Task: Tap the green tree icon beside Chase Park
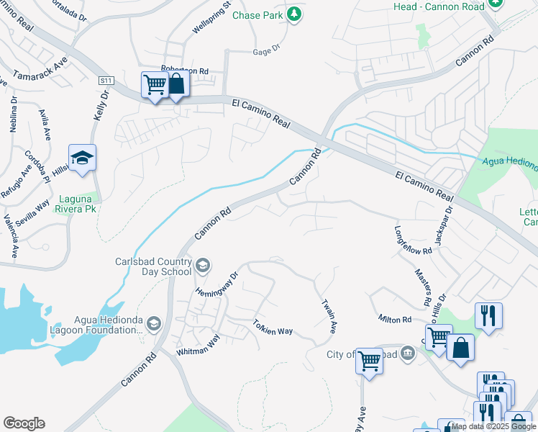coord(293,14)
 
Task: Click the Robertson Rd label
coord(184,71)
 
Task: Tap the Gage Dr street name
coord(265,52)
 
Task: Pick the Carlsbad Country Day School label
coord(154,266)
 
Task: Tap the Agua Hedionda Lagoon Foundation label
coord(108,325)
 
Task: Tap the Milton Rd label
coord(395,319)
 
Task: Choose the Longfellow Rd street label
coord(412,240)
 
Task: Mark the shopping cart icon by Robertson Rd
coord(155,86)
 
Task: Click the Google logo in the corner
coord(24,423)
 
